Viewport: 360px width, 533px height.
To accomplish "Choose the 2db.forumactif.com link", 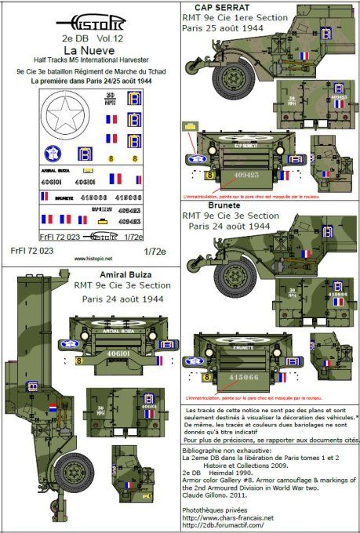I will (x=228, y=526).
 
